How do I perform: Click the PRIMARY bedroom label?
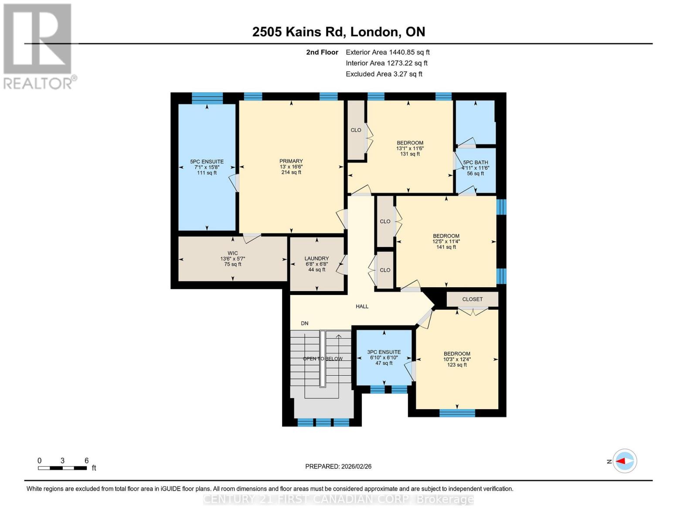point(291,161)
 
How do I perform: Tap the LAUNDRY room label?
point(316,258)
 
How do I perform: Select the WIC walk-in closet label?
point(232,253)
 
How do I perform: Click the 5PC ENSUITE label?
point(207,162)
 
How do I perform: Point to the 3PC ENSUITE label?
point(384,352)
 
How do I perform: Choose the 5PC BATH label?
point(475,163)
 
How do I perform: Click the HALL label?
point(362,306)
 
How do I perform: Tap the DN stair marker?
point(304,323)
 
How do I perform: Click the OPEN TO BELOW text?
point(323,359)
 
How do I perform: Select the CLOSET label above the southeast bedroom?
point(472,299)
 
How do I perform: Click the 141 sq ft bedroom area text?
point(446,247)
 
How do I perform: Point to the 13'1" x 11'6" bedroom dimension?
point(410,149)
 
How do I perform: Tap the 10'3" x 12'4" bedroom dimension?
point(457,360)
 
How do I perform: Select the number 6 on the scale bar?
point(86,461)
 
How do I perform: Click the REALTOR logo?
point(38,46)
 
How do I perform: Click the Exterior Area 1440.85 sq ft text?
point(388,52)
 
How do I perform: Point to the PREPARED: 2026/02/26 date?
point(338,466)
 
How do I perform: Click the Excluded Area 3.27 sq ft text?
point(384,74)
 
